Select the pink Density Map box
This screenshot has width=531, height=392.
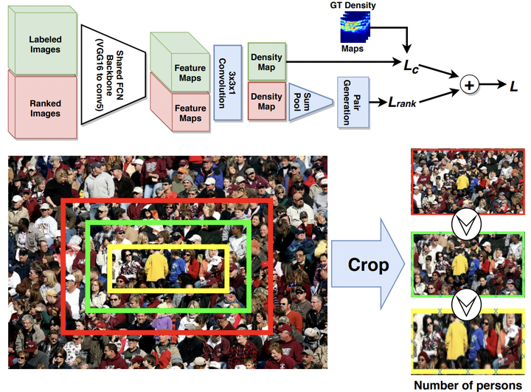point(266,102)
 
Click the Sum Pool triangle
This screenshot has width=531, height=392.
point(309,102)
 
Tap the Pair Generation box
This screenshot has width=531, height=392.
point(352,103)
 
